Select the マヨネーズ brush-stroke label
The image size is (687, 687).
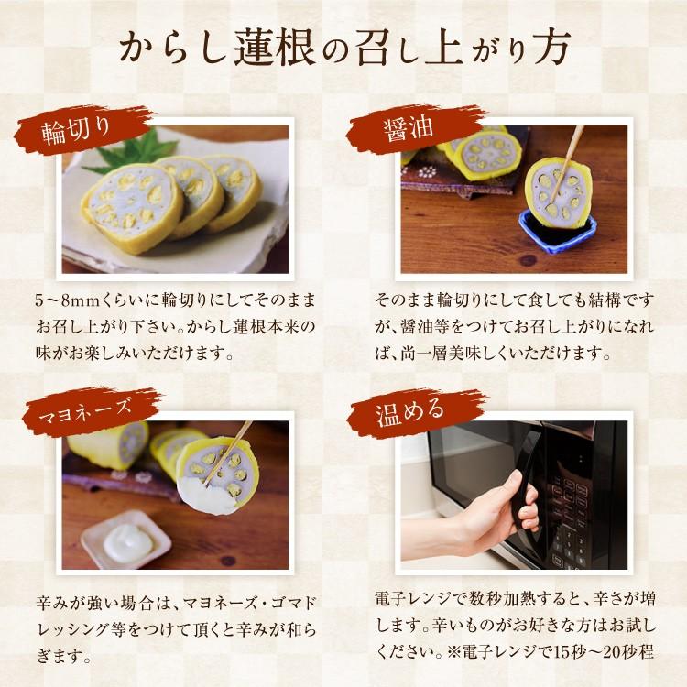click(90, 411)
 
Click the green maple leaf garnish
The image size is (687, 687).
click(131, 151)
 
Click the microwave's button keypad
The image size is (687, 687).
click(568, 517)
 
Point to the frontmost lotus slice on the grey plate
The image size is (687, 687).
click(132, 207)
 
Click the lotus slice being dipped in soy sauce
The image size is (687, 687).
click(559, 190)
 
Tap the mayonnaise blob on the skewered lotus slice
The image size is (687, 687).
click(209, 495)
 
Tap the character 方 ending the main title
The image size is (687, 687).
click(548, 48)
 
